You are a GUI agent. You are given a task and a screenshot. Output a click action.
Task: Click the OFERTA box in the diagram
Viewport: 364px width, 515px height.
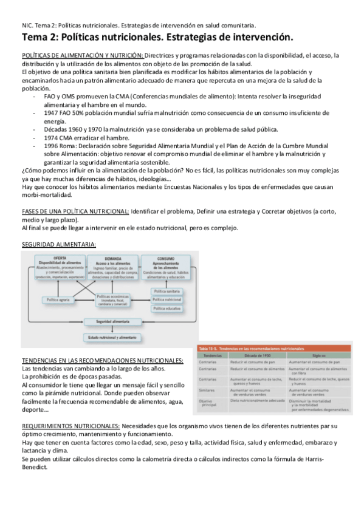(x=60, y=267)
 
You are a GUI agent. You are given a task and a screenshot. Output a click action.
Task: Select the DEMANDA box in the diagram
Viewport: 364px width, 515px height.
(x=113, y=268)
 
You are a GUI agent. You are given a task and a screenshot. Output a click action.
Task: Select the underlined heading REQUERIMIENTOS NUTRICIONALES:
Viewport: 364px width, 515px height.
(x=70, y=426)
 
